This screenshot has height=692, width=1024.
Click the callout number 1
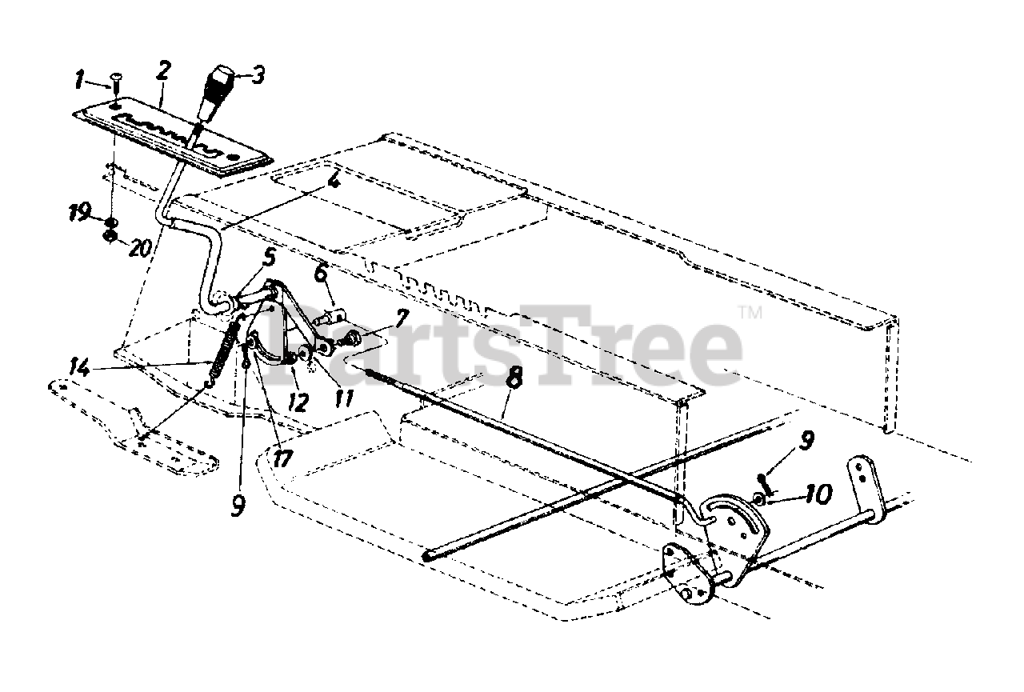point(79,79)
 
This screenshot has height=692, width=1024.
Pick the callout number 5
point(270,258)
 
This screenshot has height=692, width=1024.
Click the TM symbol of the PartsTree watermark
point(749,311)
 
